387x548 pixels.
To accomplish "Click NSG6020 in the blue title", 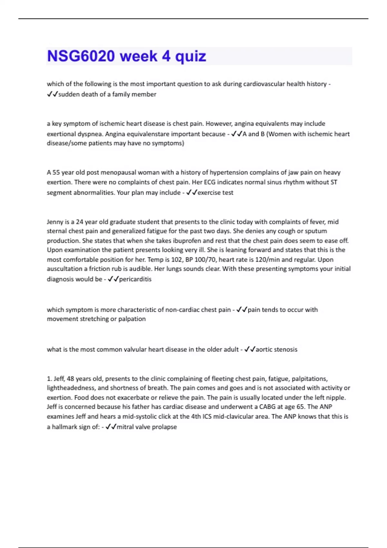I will click(81, 56).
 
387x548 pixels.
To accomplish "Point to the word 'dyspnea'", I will click(91, 134).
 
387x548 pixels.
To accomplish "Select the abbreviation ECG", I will click(210, 182).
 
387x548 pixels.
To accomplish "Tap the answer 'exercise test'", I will click(215, 193).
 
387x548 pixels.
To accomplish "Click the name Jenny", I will click(55, 222).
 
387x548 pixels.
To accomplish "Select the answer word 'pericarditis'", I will click(135, 279).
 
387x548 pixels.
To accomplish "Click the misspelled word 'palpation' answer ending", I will click(132, 319).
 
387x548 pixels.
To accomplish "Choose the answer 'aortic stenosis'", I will click(276, 349).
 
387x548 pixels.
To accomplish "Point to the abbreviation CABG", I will click(268, 407).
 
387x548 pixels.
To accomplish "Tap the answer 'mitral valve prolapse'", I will click(147, 427).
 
